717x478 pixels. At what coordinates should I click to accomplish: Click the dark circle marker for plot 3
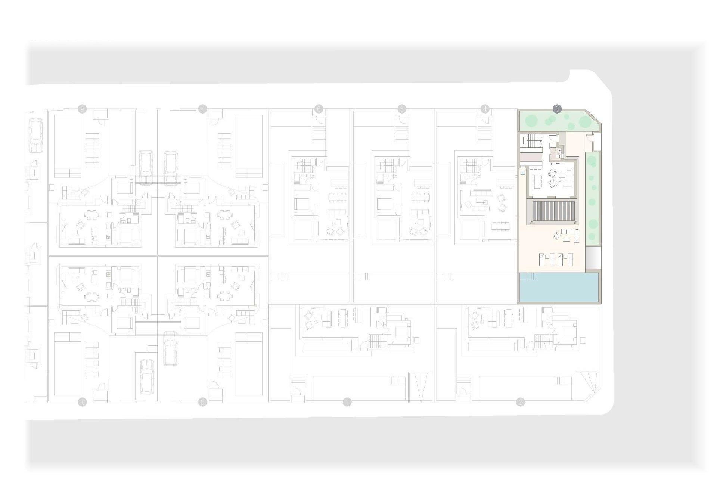(557, 109)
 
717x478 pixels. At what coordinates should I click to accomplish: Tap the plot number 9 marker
(82, 109)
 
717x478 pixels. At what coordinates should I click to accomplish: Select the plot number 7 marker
(202, 109)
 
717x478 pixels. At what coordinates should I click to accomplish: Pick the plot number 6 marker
(319, 109)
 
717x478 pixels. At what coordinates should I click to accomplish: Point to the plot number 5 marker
(402, 109)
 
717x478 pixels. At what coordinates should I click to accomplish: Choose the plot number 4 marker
(485, 109)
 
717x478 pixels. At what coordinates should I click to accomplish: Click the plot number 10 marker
(82, 402)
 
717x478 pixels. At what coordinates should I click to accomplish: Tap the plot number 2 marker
(520, 402)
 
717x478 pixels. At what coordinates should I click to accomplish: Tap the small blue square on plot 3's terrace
(522, 173)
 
